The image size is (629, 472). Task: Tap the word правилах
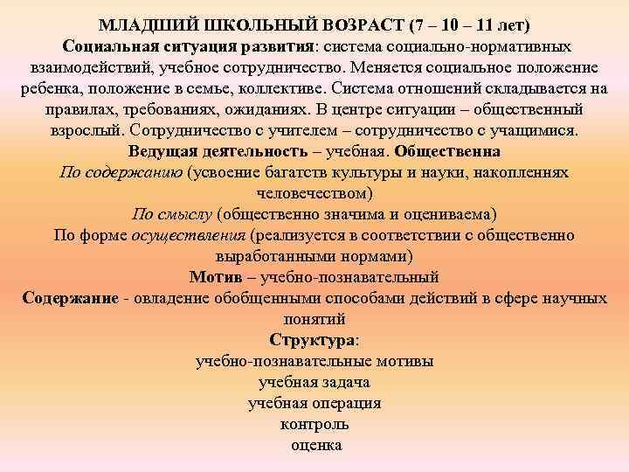(84, 110)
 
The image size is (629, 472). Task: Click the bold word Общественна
(448, 151)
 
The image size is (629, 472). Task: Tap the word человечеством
(315, 193)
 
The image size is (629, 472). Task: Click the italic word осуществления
(188, 235)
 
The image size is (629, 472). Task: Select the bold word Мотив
(211, 277)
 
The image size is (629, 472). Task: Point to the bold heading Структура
(314, 340)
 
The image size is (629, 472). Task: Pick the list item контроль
(314, 424)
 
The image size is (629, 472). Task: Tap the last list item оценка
(314, 445)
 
